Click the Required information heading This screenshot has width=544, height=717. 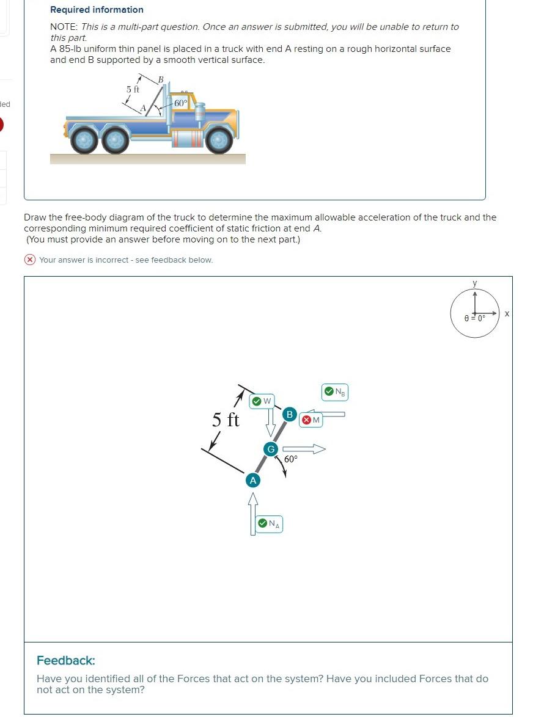point(97,10)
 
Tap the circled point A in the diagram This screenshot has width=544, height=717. point(252,481)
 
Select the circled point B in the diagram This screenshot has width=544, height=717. point(290,415)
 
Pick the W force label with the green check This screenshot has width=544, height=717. point(262,401)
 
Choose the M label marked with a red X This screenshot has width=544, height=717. point(311,420)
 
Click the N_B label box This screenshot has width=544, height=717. point(335,391)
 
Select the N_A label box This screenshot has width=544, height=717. point(269,523)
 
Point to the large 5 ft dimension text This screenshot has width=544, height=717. point(226,420)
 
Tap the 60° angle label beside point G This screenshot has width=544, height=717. point(291,458)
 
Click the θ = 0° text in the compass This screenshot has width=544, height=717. point(475,318)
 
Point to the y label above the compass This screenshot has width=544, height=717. point(475,283)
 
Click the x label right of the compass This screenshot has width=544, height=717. point(507,313)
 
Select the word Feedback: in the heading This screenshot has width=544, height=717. point(66,660)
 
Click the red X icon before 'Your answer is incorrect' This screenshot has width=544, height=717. point(29,260)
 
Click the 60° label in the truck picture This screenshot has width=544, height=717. point(180,103)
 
